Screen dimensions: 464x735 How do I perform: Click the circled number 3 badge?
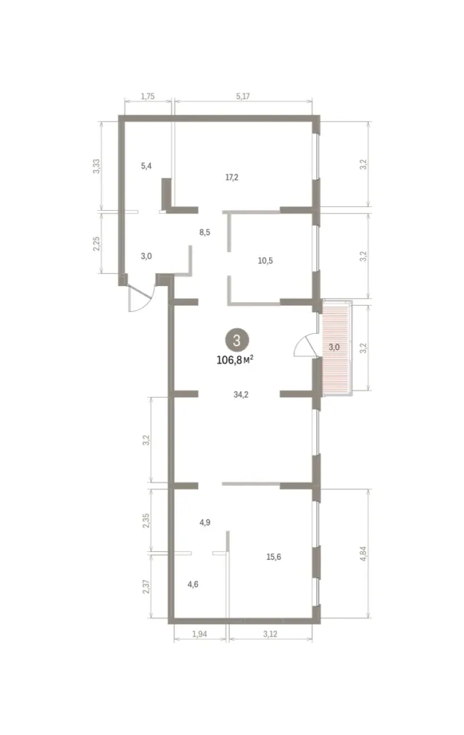click(x=236, y=340)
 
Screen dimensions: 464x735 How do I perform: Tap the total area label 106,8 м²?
click(x=235, y=359)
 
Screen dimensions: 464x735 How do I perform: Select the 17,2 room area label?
click(x=232, y=177)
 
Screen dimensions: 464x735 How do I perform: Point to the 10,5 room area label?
click(x=265, y=261)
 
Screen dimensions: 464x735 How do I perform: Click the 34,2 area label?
click(x=241, y=395)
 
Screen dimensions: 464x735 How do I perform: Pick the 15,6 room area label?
click(x=273, y=557)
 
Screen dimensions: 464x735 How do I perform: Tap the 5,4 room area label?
click(x=146, y=166)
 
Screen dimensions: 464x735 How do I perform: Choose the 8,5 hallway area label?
click(x=204, y=232)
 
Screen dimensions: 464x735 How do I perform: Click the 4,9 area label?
click(x=204, y=522)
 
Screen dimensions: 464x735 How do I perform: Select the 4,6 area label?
click(x=192, y=584)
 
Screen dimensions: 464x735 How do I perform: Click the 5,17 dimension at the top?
click(x=243, y=96)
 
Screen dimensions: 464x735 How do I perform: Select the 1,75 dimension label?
click(x=147, y=96)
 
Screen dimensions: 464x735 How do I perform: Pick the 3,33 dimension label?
click(x=96, y=166)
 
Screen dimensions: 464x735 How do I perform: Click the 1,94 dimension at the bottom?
click(x=199, y=634)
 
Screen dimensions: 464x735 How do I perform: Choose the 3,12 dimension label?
click(x=270, y=634)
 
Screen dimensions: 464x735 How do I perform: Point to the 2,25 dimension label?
click(x=96, y=243)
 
